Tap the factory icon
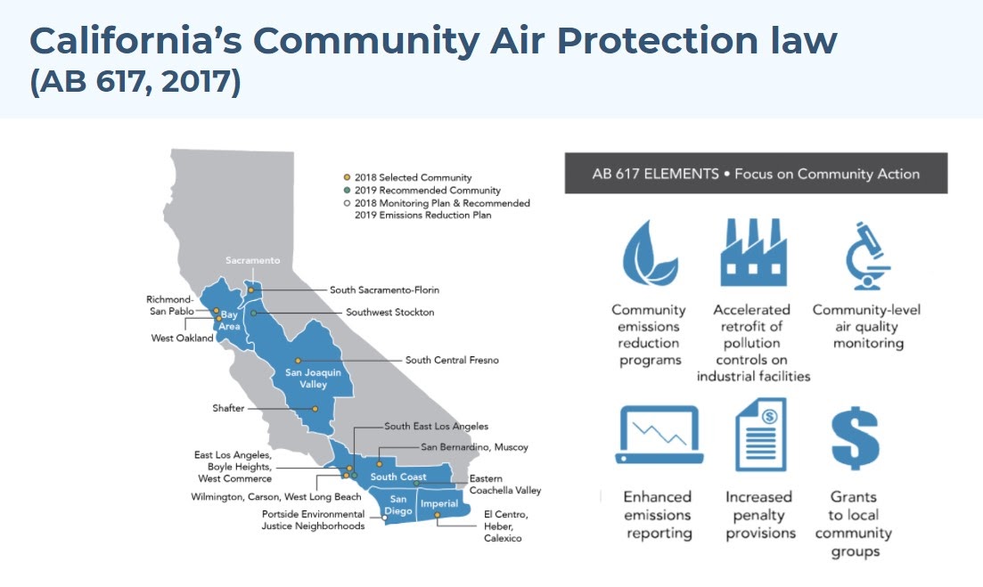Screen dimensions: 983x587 (x=753, y=252)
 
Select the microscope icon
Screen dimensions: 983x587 (x=867, y=255)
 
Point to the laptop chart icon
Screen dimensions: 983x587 (x=659, y=435)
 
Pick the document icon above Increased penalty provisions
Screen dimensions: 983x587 (x=760, y=435)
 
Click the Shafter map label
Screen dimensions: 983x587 (x=228, y=408)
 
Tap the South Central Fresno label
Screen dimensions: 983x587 (x=452, y=360)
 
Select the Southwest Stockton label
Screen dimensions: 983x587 (x=390, y=312)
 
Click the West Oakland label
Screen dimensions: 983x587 (x=182, y=338)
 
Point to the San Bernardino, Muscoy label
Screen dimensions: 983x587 (x=475, y=447)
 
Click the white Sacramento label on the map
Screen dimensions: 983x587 (x=252, y=260)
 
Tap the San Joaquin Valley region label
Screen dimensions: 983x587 (x=313, y=379)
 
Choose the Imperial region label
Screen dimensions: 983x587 (x=438, y=503)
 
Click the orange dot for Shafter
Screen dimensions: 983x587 (x=315, y=409)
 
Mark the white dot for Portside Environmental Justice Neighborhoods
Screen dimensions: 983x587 (x=384, y=518)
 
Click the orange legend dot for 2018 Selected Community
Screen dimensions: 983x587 (x=347, y=177)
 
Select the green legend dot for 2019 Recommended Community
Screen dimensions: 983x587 (x=347, y=190)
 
